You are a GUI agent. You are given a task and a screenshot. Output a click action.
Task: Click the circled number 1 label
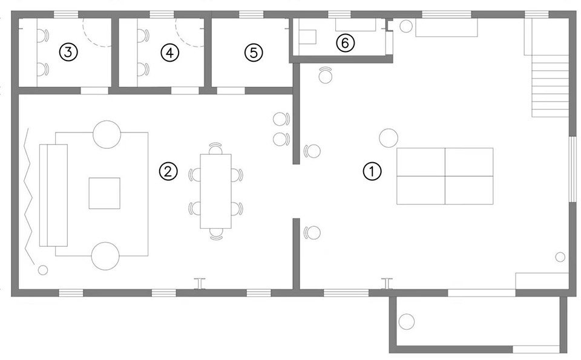click(x=372, y=172)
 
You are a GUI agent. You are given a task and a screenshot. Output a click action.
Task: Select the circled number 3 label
click(x=68, y=53)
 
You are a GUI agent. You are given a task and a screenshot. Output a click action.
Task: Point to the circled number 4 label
click(x=170, y=53)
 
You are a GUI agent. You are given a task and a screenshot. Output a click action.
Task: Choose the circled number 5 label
click(x=254, y=53)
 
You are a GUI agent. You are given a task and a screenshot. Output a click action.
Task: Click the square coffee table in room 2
click(x=105, y=193)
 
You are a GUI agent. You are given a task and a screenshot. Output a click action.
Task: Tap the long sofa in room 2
click(x=53, y=195)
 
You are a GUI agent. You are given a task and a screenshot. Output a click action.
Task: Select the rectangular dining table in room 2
click(x=216, y=191)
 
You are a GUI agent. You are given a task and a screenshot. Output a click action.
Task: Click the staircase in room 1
click(x=550, y=85)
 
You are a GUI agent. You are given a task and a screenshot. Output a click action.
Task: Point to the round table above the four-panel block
click(x=388, y=137)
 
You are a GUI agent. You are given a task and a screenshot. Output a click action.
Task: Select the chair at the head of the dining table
click(x=216, y=148)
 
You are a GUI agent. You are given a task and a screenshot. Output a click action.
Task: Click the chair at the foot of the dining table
click(x=216, y=234)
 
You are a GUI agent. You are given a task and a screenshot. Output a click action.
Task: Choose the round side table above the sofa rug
click(x=107, y=134)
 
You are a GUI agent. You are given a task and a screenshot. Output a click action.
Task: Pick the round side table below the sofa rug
click(x=107, y=255)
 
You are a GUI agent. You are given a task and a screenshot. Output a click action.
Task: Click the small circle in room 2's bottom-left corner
click(x=43, y=269)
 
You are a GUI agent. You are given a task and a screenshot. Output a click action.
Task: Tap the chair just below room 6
click(x=326, y=74)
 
